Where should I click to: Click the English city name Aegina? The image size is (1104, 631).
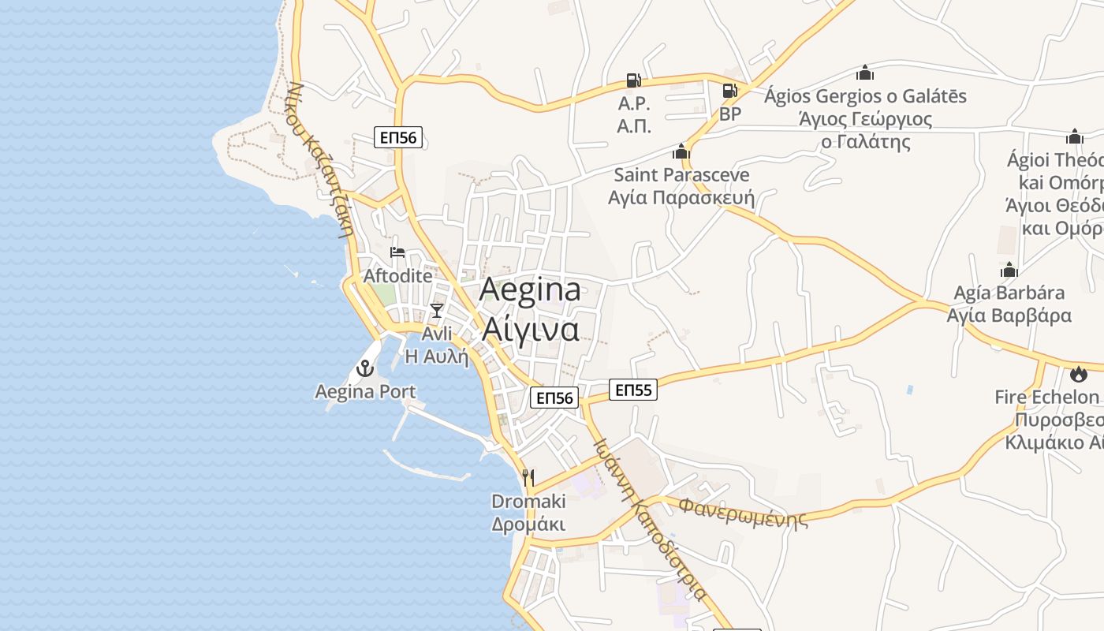click(x=530, y=289)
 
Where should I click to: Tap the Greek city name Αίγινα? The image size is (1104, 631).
click(x=530, y=328)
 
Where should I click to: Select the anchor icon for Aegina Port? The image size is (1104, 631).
click(x=365, y=368)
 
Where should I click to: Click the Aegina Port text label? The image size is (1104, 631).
click(x=365, y=391)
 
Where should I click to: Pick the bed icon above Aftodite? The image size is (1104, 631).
click(x=397, y=252)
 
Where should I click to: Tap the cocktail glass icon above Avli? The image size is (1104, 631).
click(x=437, y=310)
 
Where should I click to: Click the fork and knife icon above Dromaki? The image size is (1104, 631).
click(x=528, y=477)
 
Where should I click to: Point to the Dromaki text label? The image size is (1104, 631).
click(x=528, y=502)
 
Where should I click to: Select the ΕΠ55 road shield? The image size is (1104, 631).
click(x=633, y=390)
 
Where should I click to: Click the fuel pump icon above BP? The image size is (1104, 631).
click(x=730, y=90)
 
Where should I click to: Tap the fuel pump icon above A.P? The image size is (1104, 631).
click(x=633, y=80)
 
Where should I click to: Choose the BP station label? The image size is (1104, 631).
click(x=730, y=114)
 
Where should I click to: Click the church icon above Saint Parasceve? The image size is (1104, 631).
click(x=681, y=151)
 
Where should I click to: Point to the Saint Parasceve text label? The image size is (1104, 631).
click(x=681, y=174)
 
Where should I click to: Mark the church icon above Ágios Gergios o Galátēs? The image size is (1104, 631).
click(x=865, y=73)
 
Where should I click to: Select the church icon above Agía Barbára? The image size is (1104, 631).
click(x=1009, y=271)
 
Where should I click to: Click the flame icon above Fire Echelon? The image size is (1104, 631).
click(x=1078, y=374)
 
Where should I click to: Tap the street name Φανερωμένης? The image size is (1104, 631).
click(x=744, y=511)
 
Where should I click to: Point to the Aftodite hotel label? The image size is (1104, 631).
click(x=397, y=276)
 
